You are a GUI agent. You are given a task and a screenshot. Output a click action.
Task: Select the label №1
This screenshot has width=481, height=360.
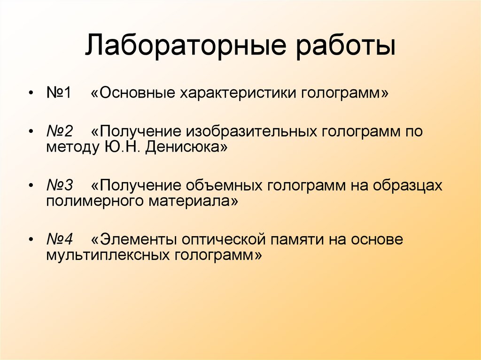58,92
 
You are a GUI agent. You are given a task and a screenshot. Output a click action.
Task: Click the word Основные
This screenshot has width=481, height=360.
137,92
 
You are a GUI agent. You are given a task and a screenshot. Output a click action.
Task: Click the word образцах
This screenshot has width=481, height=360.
408,185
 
